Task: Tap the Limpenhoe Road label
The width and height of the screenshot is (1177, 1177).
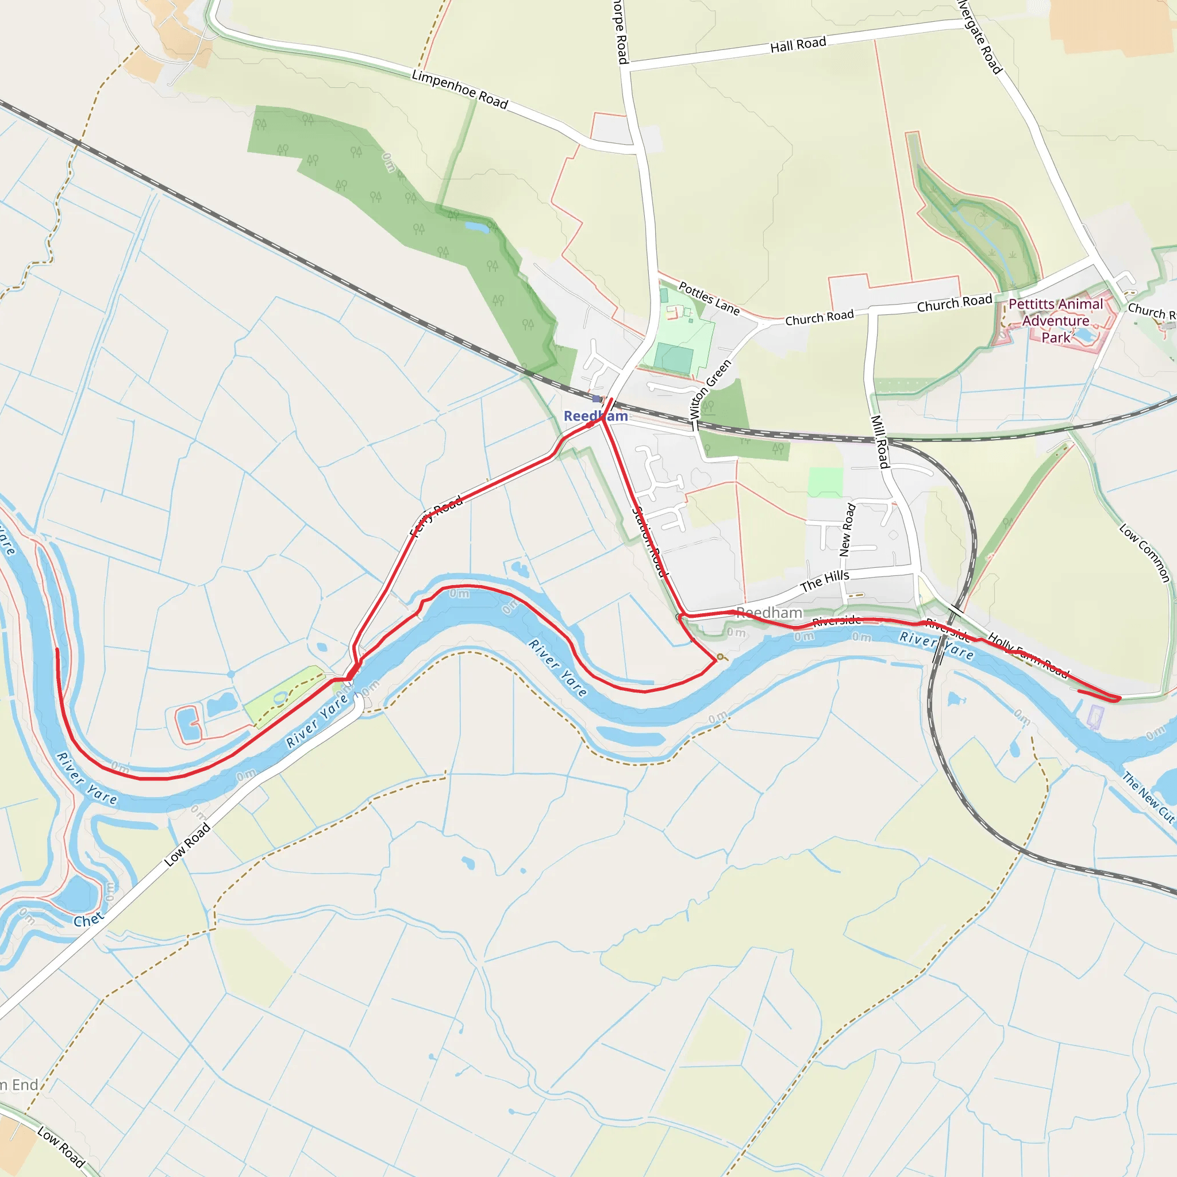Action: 459,89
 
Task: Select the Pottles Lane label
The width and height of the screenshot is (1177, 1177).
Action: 709,298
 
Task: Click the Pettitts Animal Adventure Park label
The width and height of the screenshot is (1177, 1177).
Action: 1055,321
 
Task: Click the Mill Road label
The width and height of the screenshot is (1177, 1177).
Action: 880,441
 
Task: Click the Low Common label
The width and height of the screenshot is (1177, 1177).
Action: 1145,552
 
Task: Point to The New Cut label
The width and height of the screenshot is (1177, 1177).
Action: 1148,797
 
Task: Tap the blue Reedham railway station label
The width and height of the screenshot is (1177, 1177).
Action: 595,416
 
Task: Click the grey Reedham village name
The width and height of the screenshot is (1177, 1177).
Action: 769,612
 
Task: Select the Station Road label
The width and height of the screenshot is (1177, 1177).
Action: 649,541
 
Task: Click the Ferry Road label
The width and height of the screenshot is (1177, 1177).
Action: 436,517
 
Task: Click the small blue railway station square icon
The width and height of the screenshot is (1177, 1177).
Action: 596,399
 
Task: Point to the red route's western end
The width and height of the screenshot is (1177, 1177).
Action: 57,649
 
